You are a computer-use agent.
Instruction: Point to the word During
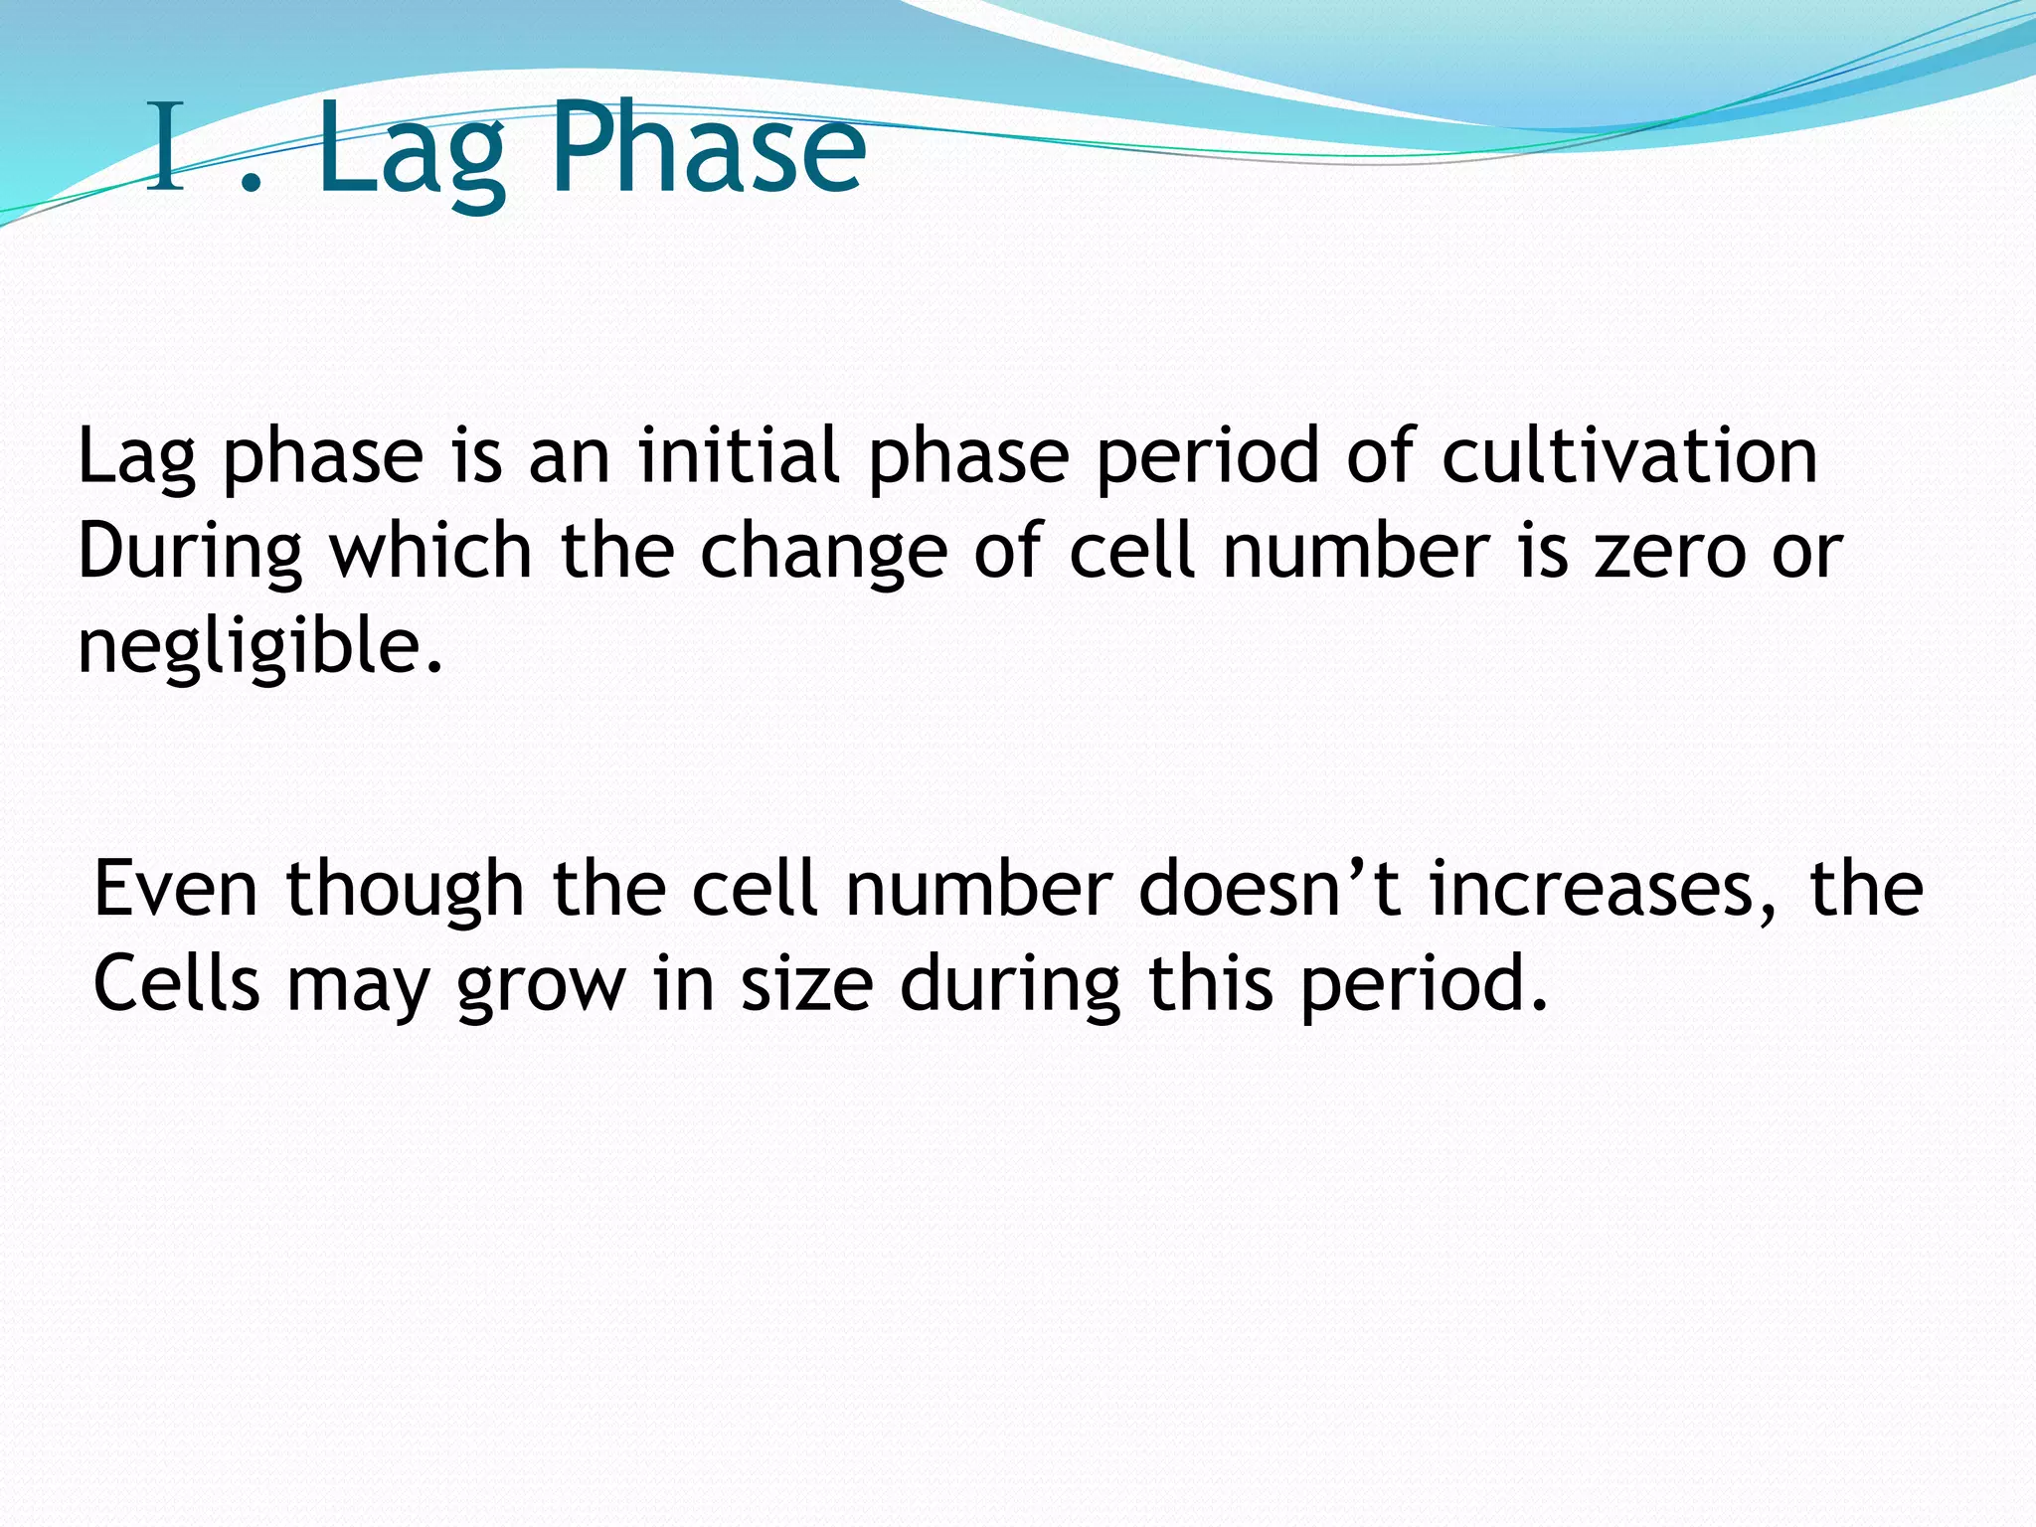click(190, 553)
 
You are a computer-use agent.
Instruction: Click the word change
click(824, 555)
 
